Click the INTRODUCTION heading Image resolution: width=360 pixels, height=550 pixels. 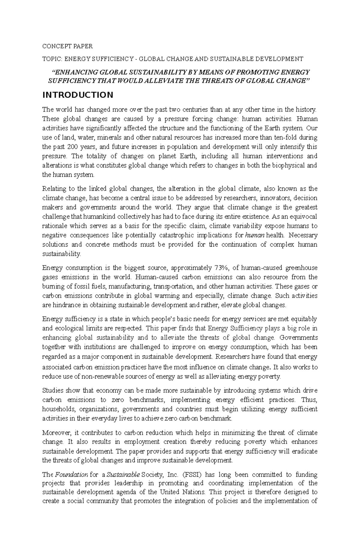click(x=78, y=95)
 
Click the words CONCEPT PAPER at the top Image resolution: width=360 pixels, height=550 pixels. click(x=67, y=46)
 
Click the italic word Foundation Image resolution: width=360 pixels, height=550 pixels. click(x=71, y=474)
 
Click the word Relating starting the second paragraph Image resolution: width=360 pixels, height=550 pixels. click(x=53, y=189)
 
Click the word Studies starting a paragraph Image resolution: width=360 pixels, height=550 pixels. click(x=52, y=391)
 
